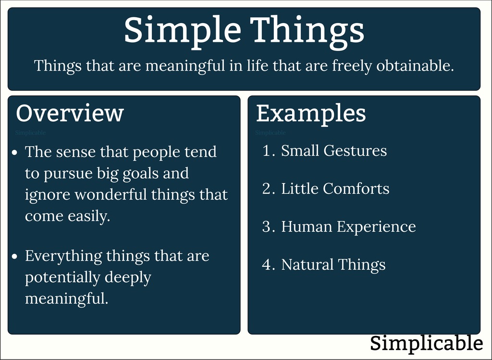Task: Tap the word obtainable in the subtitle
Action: (415, 65)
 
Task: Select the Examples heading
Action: (311, 113)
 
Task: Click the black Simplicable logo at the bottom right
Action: (427, 343)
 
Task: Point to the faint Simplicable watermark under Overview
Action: (30, 133)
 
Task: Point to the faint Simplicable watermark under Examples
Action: (271, 133)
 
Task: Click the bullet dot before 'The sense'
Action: (15, 152)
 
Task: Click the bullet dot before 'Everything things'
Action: (15, 257)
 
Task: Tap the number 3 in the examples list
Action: (267, 226)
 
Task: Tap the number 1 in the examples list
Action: (267, 150)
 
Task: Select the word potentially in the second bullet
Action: (62, 277)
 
